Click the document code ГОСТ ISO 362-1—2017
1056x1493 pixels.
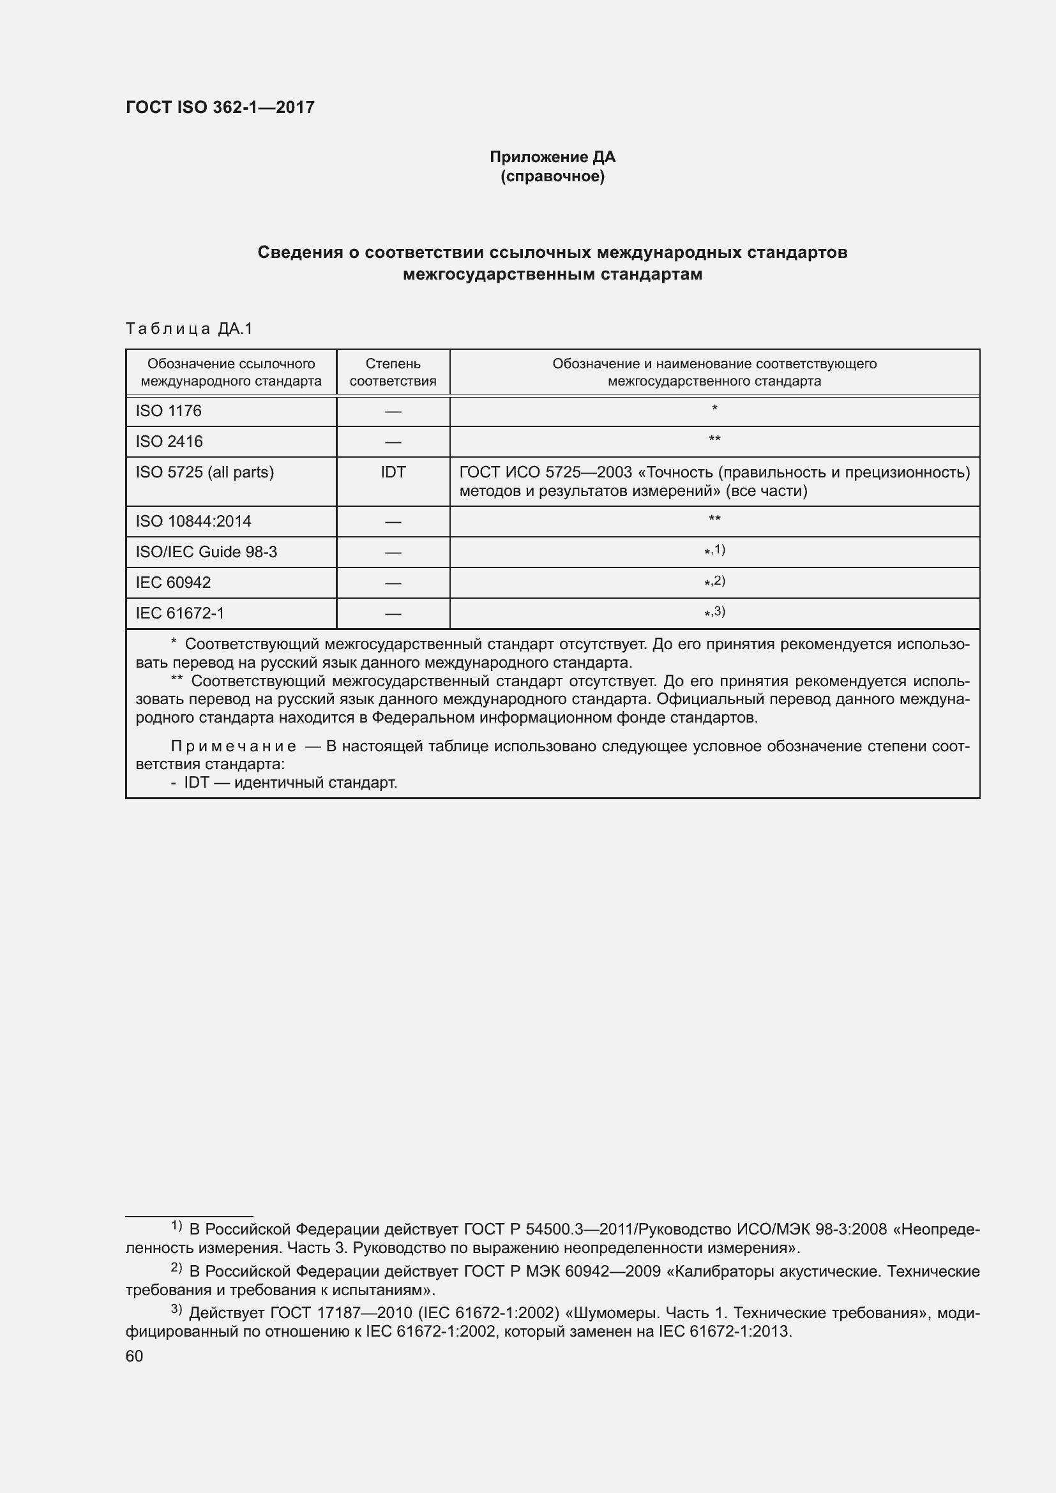(220, 107)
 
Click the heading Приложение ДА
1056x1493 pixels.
(552, 157)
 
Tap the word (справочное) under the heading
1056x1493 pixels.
(552, 176)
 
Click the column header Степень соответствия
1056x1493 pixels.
(393, 372)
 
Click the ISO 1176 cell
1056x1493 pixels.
(169, 411)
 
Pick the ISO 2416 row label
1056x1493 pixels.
(169, 442)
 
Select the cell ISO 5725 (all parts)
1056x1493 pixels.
(205, 472)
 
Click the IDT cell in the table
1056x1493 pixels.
(393, 472)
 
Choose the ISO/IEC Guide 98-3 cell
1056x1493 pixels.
(206, 552)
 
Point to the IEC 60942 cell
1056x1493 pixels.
(173, 583)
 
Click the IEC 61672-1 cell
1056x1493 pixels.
(179, 613)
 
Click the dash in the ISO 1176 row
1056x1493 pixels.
(393, 412)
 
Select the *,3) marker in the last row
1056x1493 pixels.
(714, 612)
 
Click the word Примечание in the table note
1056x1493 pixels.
(234, 746)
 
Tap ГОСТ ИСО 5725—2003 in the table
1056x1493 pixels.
(545, 472)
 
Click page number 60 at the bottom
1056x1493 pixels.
(134, 1356)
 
